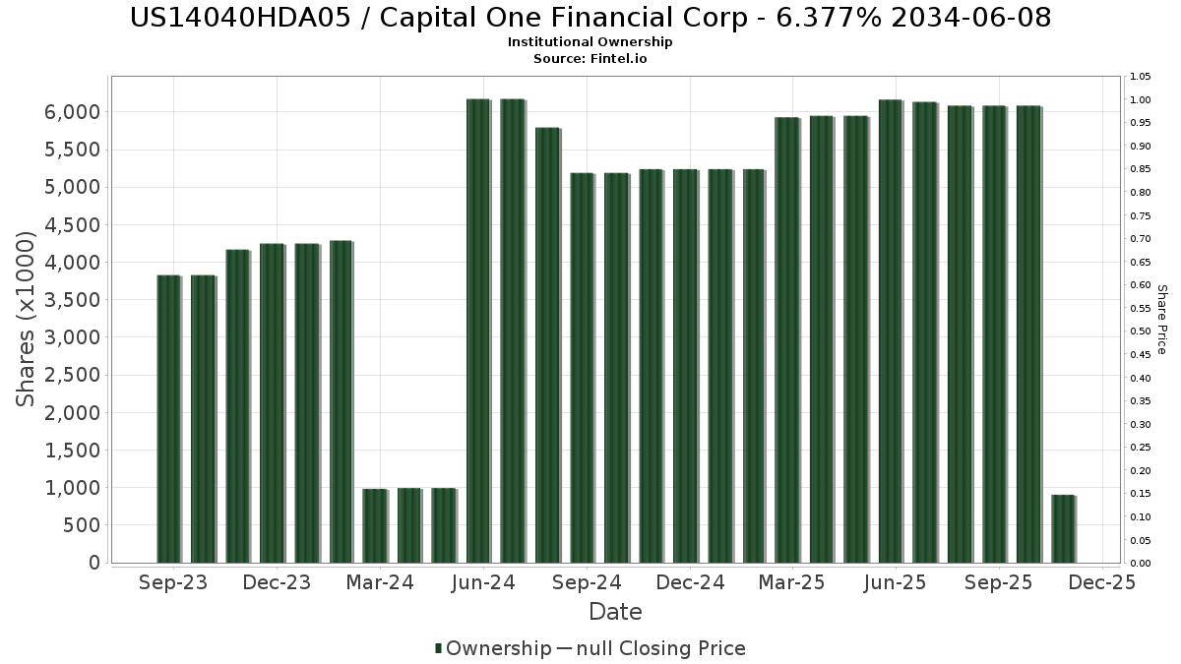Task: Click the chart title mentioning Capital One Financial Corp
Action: (x=590, y=18)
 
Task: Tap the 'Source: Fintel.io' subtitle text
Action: (x=590, y=59)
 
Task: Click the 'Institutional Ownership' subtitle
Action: (x=590, y=42)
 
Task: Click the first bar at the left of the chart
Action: (x=168, y=418)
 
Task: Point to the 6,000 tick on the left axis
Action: (x=73, y=112)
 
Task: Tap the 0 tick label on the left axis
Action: (x=94, y=563)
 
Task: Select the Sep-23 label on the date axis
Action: (x=174, y=582)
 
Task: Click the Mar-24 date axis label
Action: (x=381, y=582)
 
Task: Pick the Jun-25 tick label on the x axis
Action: (x=896, y=582)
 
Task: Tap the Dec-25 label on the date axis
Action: (x=1102, y=582)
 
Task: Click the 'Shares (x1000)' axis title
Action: (x=27, y=320)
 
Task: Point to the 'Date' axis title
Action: (x=615, y=612)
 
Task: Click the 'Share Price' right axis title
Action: (x=1161, y=320)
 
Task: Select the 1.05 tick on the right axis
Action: (x=1141, y=77)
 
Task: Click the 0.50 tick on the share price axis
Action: (x=1141, y=332)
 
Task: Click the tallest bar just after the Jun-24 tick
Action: (x=478, y=331)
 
